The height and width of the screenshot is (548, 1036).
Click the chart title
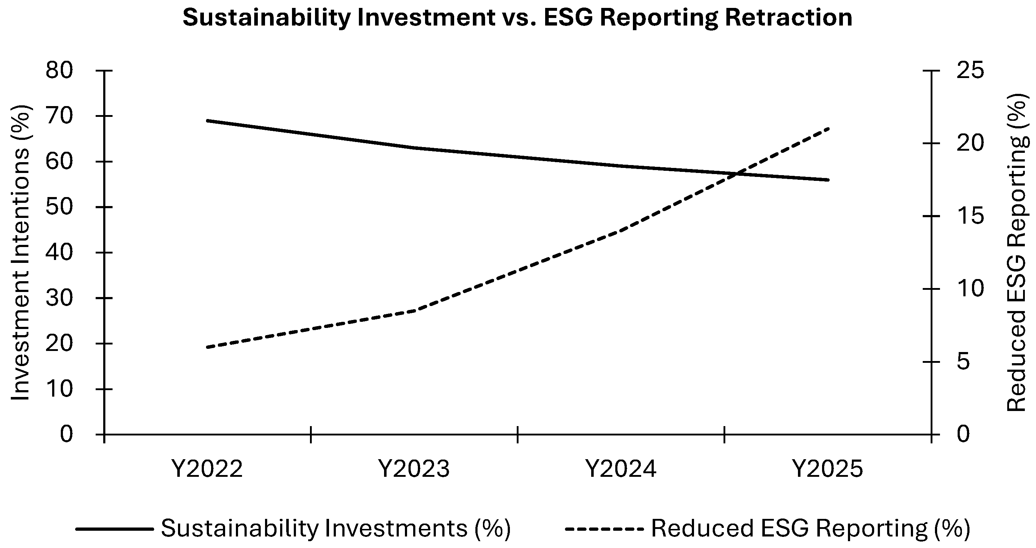coord(517,18)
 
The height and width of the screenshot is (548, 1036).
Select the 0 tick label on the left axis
coord(67,434)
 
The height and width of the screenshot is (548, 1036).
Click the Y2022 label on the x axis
coord(207,469)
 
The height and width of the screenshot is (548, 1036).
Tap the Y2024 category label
coord(621,469)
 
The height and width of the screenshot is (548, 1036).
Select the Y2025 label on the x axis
coord(828,469)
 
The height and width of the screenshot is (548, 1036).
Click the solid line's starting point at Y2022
coord(207,120)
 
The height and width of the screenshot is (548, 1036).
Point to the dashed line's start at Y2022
coord(207,347)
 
